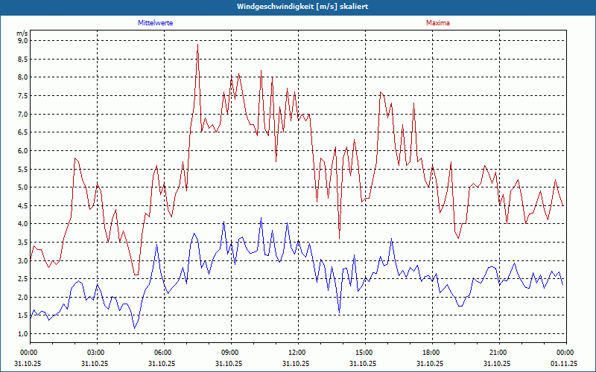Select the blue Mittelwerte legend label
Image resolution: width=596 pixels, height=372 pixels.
pos(156,23)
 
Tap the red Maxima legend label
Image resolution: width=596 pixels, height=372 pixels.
pos(438,23)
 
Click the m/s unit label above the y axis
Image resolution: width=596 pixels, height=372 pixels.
pos(22,33)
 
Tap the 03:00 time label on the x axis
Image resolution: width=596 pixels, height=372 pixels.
pos(96,352)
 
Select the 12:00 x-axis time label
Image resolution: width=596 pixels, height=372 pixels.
pos(297,352)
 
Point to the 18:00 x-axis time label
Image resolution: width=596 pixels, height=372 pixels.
pos(431,352)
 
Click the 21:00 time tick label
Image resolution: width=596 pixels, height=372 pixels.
pos(498,352)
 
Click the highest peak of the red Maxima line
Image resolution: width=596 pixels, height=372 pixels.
pos(197,45)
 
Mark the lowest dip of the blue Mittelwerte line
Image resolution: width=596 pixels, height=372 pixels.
pos(135,328)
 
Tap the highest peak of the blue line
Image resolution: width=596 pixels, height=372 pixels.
pos(261,217)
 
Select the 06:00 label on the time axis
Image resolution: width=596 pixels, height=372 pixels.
pos(163,352)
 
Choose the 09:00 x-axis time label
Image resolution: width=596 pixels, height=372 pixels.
pos(230,352)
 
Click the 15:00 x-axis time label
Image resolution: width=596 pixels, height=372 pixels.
pos(364,352)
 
